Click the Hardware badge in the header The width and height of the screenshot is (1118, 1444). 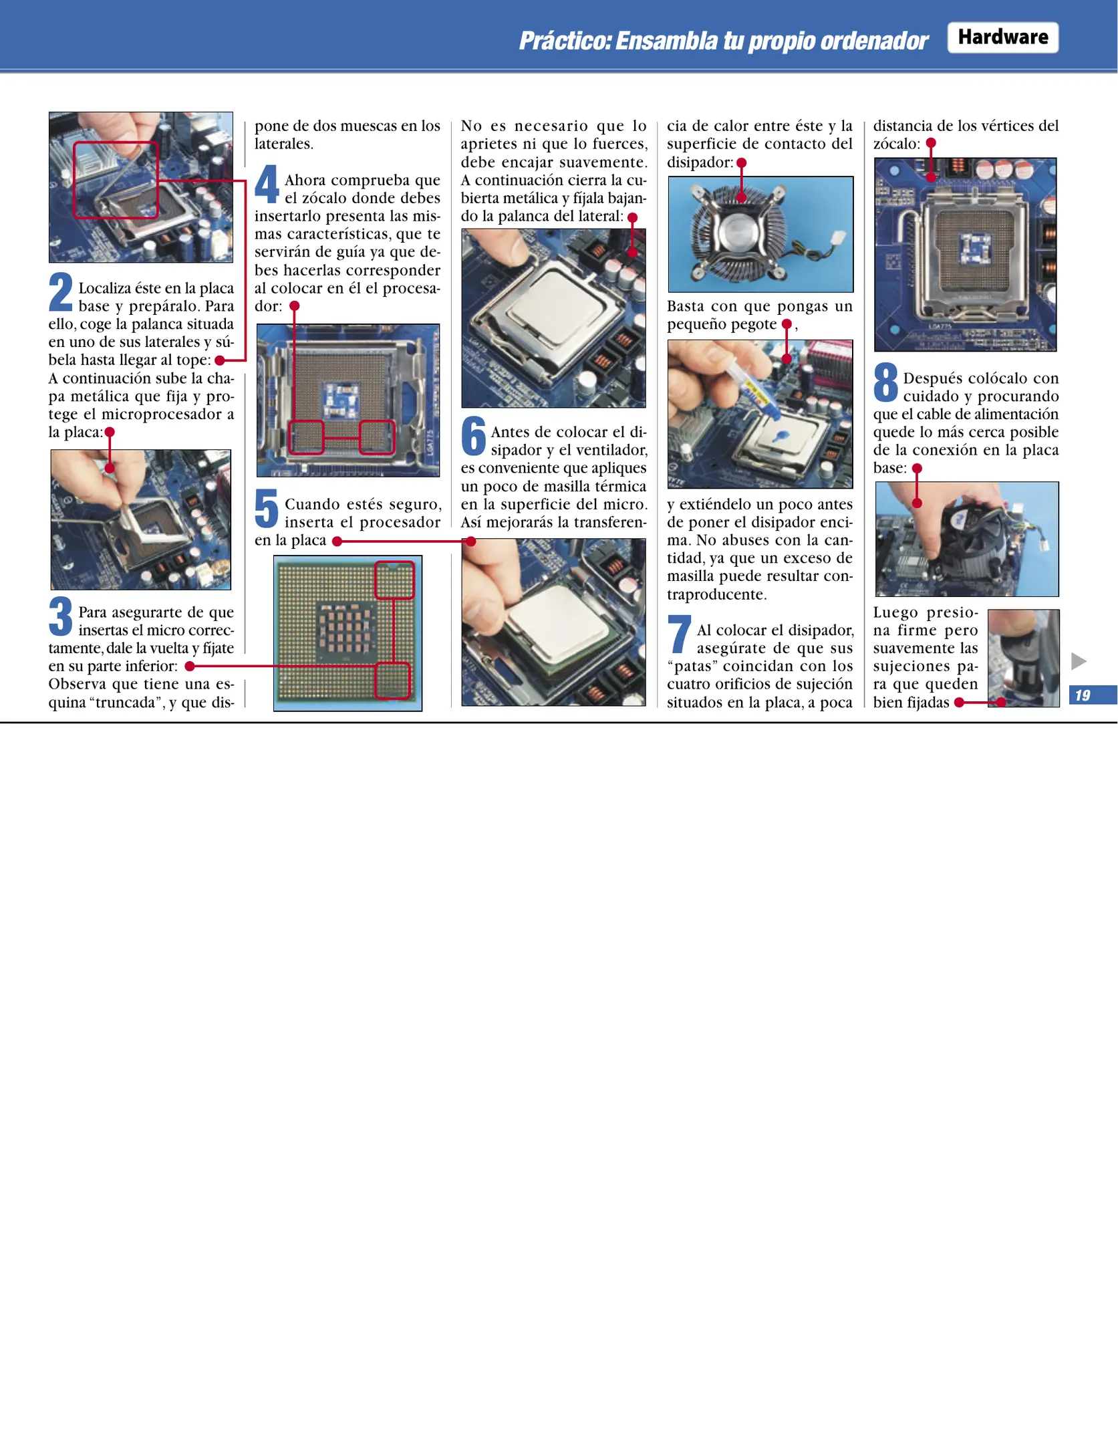(x=1002, y=37)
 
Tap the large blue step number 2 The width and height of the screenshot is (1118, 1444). (x=60, y=292)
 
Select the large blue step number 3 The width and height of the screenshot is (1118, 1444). (x=60, y=616)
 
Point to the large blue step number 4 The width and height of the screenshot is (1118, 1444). (x=267, y=184)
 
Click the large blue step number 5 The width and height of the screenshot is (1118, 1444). (x=266, y=509)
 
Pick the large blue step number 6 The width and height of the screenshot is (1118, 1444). (x=473, y=437)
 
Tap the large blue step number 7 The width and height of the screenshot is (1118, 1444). (x=680, y=634)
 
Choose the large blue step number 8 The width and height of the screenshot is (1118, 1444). (x=885, y=382)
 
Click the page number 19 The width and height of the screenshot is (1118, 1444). (x=1083, y=695)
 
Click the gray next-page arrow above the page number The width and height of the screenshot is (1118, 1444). (x=1079, y=661)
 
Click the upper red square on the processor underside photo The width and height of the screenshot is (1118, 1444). (x=394, y=580)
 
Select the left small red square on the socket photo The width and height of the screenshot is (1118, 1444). (x=307, y=437)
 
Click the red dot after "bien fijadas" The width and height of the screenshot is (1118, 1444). (x=959, y=703)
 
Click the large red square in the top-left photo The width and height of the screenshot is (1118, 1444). (x=116, y=180)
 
